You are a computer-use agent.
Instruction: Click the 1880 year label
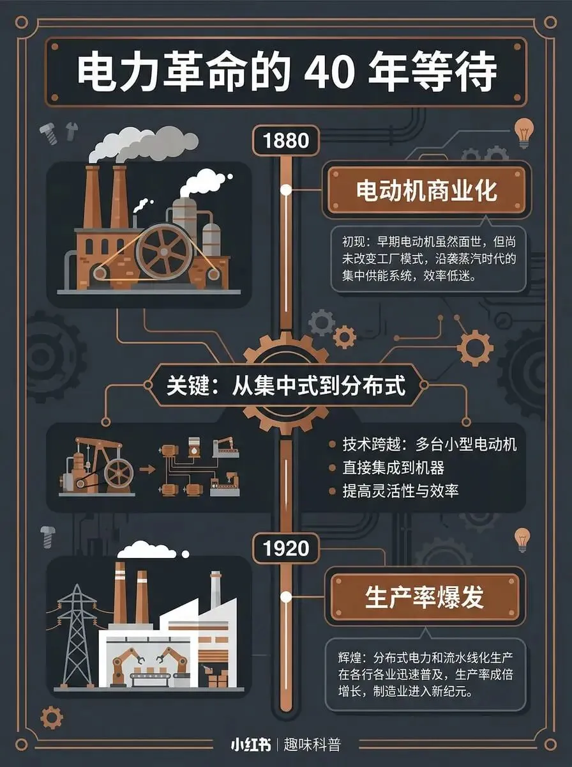pyautogui.click(x=285, y=140)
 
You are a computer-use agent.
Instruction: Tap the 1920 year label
pyautogui.click(x=285, y=548)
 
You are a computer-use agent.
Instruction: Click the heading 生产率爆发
pyautogui.click(x=425, y=598)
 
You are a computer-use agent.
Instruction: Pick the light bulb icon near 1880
pyautogui.click(x=523, y=132)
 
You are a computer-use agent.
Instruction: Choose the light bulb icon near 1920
pyautogui.click(x=523, y=539)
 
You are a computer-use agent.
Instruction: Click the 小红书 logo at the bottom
pyautogui.click(x=250, y=745)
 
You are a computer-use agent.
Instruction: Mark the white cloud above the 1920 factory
pyautogui.click(x=147, y=550)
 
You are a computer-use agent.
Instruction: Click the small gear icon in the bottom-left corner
pyautogui.click(x=52, y=717)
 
